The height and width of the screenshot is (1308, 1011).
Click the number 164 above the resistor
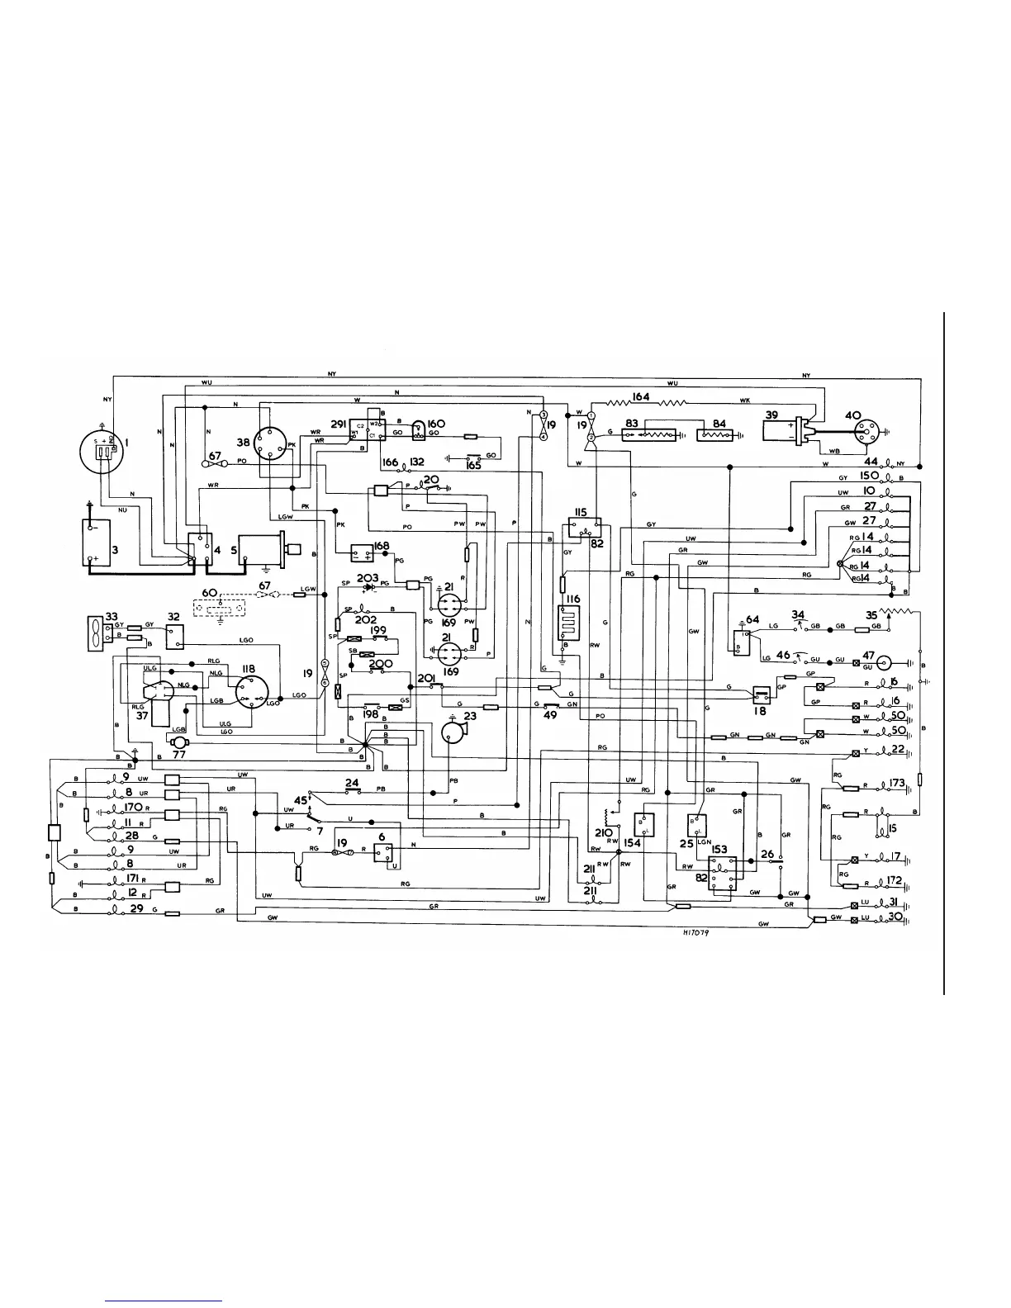pos(640,397)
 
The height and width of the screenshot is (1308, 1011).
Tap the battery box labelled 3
pos(101,542)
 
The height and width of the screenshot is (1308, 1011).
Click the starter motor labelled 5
pos(260,548)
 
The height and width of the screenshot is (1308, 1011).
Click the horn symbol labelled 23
pos(453,732)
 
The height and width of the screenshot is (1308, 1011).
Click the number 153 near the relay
pos(719,850)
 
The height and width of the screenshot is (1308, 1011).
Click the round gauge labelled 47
pos(886,662)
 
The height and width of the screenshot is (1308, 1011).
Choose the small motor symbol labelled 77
pos(178,742)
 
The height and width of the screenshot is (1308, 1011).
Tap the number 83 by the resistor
pos(632,424)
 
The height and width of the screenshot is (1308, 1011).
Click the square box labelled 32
pos(174,636)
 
